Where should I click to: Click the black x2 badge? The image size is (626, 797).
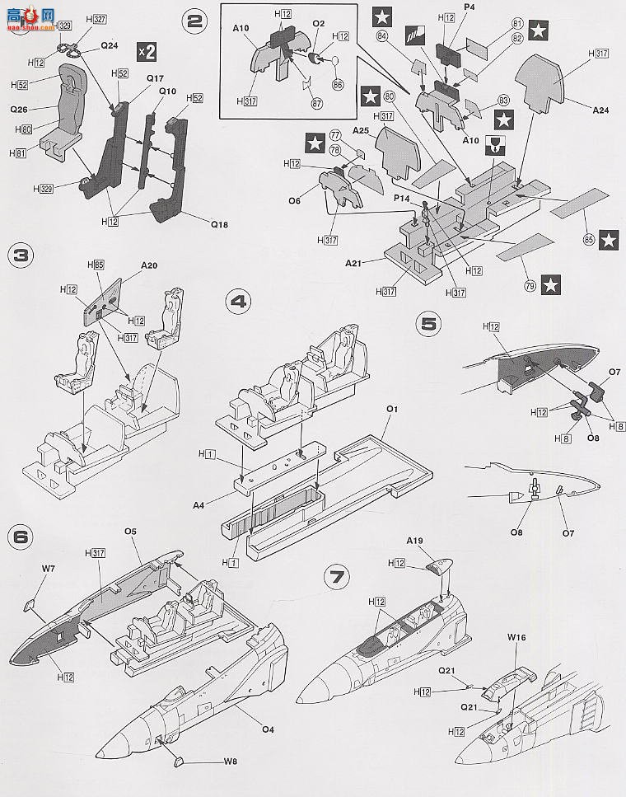coord(147,51)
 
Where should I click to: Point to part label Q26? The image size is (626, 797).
coord(20,108)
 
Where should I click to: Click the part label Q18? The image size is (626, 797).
coord(219,222)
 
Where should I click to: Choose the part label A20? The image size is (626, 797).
coord(149,265)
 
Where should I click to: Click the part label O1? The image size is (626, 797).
coord(392,409)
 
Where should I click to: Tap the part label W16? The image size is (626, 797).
coord(516,637)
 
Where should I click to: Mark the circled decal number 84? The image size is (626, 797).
coord(382,35)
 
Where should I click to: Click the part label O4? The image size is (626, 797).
coord(268,728)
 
